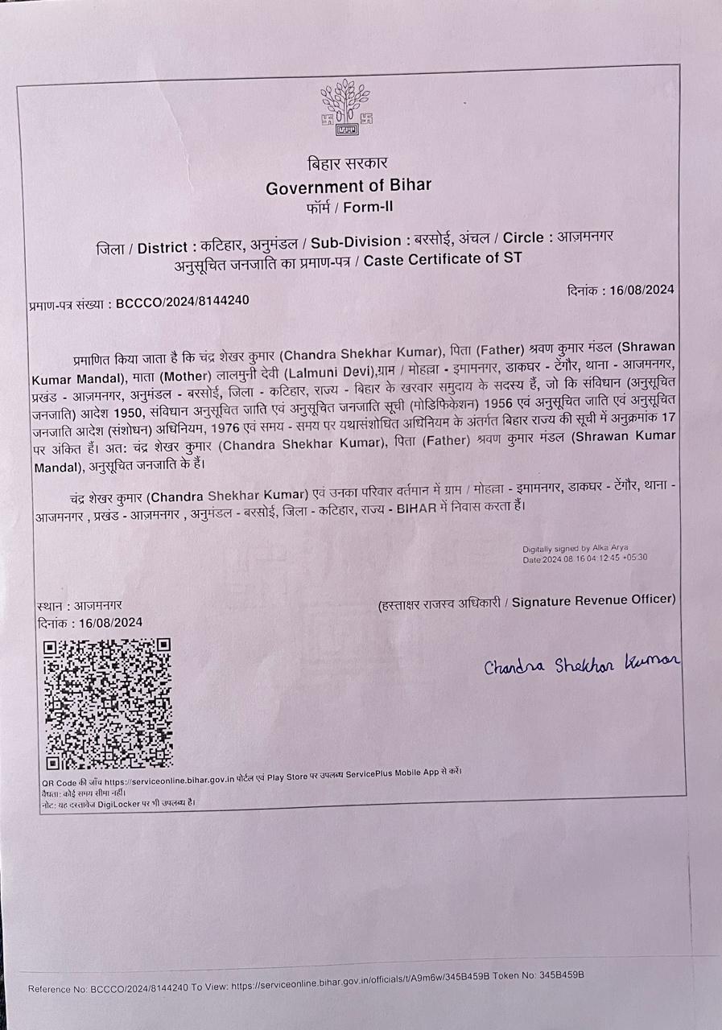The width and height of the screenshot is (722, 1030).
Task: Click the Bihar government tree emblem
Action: click(x=347, y=107)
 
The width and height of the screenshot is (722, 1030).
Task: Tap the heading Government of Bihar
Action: click(x=349, y=186)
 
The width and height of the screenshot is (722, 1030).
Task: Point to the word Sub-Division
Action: click(x=357, y=241)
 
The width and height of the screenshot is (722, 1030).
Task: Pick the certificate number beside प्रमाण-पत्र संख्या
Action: click(x=183, y=301)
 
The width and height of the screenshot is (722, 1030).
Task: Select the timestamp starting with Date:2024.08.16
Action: click(x=585, y=558)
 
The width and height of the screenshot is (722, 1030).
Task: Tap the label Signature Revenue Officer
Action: click(x=593, y=600)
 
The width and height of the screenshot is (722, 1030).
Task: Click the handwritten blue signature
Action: click(x=582, y=664)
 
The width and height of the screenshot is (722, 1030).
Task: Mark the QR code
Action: click(x=107, y=703)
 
